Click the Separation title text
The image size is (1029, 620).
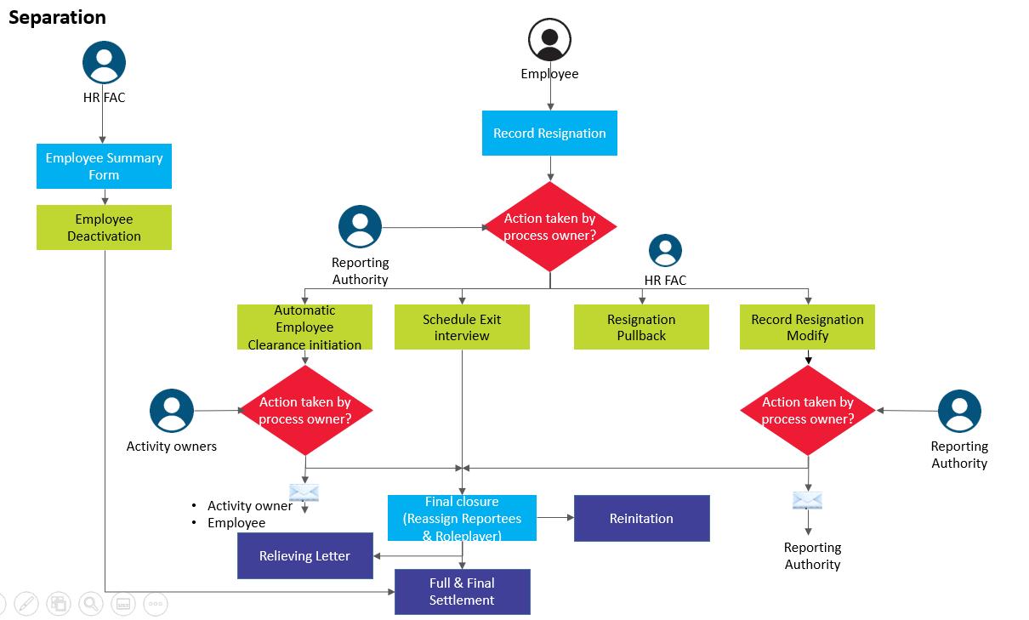point(57,18)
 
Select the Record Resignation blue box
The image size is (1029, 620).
point(549,134)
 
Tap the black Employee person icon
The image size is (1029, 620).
point(549,39)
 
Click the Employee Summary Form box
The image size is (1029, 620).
point(104,166)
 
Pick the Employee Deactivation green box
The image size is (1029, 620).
point(104,227)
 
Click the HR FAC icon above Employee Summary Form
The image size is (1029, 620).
point(104,62)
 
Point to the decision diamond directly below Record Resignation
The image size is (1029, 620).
point(549,226)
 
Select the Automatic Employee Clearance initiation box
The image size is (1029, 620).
point(304,327)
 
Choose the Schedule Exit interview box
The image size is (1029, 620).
point(462,327)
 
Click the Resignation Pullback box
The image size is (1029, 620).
point(641,327)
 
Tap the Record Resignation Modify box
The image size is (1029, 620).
point(807,327)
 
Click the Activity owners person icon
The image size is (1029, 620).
point(172,411)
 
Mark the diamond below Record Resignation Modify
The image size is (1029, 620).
point(807,411)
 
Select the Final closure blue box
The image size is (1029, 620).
point(462,518)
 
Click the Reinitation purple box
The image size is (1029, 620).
point(641,518)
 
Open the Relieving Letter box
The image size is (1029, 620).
point(304,555)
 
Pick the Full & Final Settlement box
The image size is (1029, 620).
point(462,591)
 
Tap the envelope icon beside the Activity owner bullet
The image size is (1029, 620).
point(304,492)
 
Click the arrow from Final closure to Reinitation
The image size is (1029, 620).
point(555,517)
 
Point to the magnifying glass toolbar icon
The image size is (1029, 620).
point(90,604)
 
